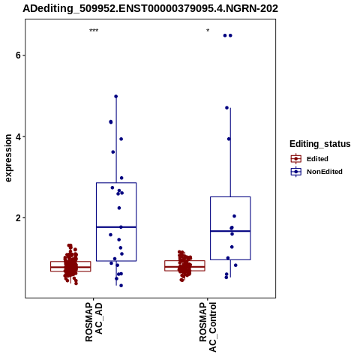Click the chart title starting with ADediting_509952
pyautogui.click(x=150, y=9)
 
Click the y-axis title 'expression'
pyautogui.click(x=8, y=158)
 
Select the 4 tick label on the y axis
pyautogui.click(x=18, y=136)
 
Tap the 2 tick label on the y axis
pyautogui.click(x=18, y=218)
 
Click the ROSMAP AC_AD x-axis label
pyautogui.click(x=94, y=322)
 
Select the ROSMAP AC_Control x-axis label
pyautogui.click(x=208, y=327)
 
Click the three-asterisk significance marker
pyautogui.click(x=94, y=31)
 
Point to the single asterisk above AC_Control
pyautogui.click(x=208, y=31)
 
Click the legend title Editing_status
pyautogui.click(x=320, y=144)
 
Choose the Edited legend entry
pyautogui.click(x=310, y=159)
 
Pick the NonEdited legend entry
pyautogui.click(x=316, y=172)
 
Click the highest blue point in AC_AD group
pyautogui.click(x=115, y=97)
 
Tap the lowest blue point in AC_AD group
pyautogui.click(x=121, y=286)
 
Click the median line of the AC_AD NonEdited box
pyautogui.click(x=116, y=227)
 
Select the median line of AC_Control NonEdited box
pyautogui.click(x=230, y=231)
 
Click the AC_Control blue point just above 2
pyautogui.click(x=234, y=216)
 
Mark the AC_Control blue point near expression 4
pyautogui.click(x=229, y=139)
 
